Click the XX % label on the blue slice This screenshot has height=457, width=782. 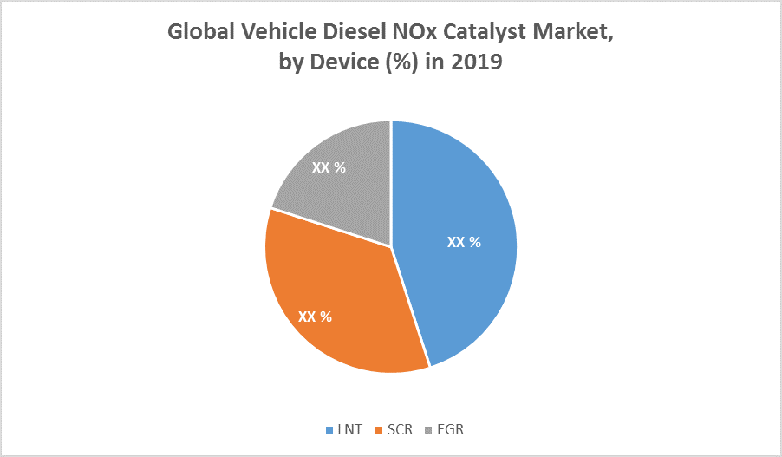pyautogui.click(x=464, y=243)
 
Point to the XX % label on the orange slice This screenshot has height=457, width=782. pyautogui.click(x=315, y=317)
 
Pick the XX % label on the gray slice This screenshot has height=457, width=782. pyautogui.click(x=329, y=167)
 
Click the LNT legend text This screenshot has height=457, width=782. pyautogui.click(x=350, y=430)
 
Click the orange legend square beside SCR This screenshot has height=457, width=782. pyautogui.click(x=379, y=430)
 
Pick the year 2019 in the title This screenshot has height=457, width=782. pyautogui.click(x=480, y=62)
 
